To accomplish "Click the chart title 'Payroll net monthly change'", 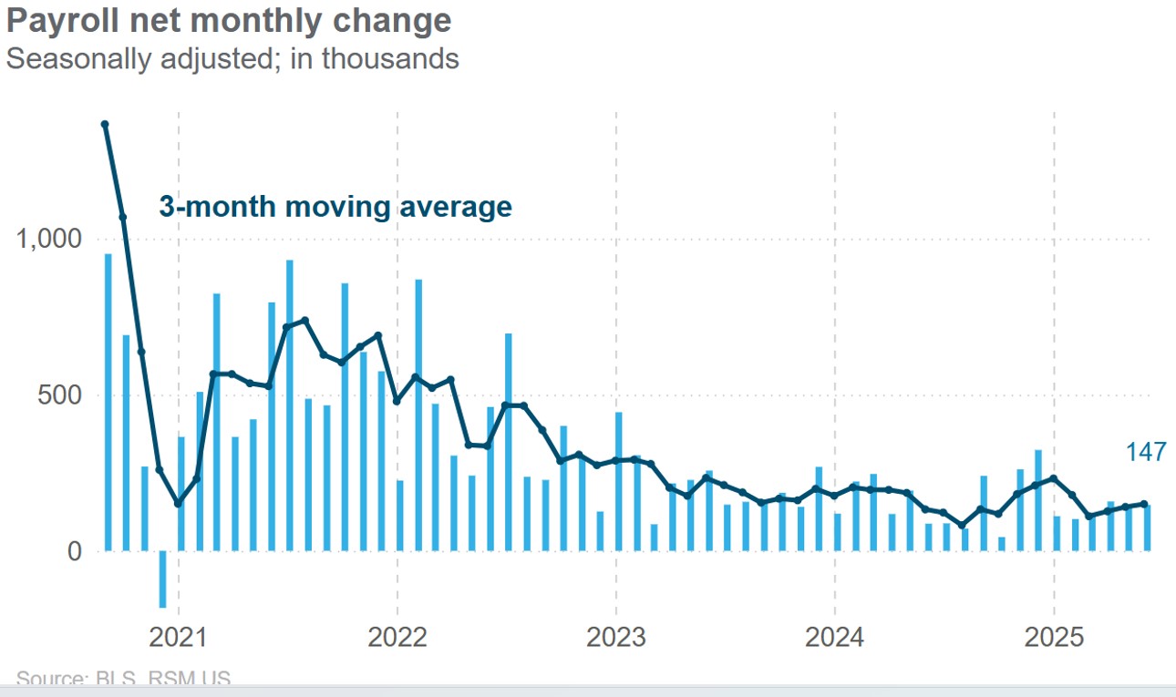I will [x=228, y=22].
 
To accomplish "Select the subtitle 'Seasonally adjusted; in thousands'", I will [x=232, y=59].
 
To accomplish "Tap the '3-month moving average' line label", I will [x=335, y=207].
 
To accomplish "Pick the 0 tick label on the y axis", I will [x=74, y=552].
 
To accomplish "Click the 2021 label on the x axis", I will [x=179, y=635].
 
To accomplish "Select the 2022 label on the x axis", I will [x=397, y=635].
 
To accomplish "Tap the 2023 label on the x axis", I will [x=616, y=635].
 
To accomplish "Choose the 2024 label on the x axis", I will [x=835, y=635].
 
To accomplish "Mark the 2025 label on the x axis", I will [x=1054, y=635].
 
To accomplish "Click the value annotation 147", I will [x=1145, y=453].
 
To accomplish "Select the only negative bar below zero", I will [x=162, y=579].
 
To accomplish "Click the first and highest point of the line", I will [x=105, y=125].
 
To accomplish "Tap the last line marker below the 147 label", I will [x=1144, y=504].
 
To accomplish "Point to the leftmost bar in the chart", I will [x=108, y=401].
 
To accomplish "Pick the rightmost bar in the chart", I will [x=1147, y=528].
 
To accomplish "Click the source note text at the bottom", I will [x=123, y=679].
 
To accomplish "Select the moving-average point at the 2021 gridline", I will [x=178, y=504].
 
